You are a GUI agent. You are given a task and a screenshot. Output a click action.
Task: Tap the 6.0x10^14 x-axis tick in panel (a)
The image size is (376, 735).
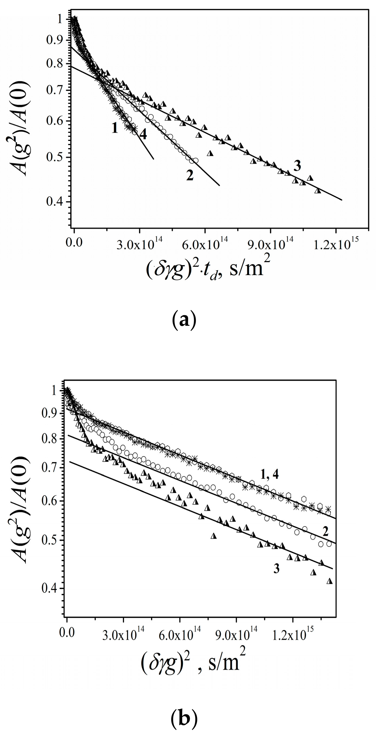205,244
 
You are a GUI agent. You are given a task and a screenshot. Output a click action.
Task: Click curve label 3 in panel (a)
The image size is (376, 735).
297,166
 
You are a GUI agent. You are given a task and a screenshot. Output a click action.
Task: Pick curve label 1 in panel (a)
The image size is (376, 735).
115,128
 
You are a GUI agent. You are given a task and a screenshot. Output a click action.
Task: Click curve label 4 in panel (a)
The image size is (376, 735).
143,134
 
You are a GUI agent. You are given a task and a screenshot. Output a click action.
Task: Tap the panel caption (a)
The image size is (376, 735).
184,321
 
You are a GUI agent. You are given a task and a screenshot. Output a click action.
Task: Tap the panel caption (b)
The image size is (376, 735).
184,719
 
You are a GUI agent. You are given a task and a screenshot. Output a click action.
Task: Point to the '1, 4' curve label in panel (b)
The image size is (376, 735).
269,474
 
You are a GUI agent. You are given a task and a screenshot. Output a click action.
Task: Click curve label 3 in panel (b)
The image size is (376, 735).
276,569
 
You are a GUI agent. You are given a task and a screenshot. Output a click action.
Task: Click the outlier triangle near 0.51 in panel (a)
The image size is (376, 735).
210,153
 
